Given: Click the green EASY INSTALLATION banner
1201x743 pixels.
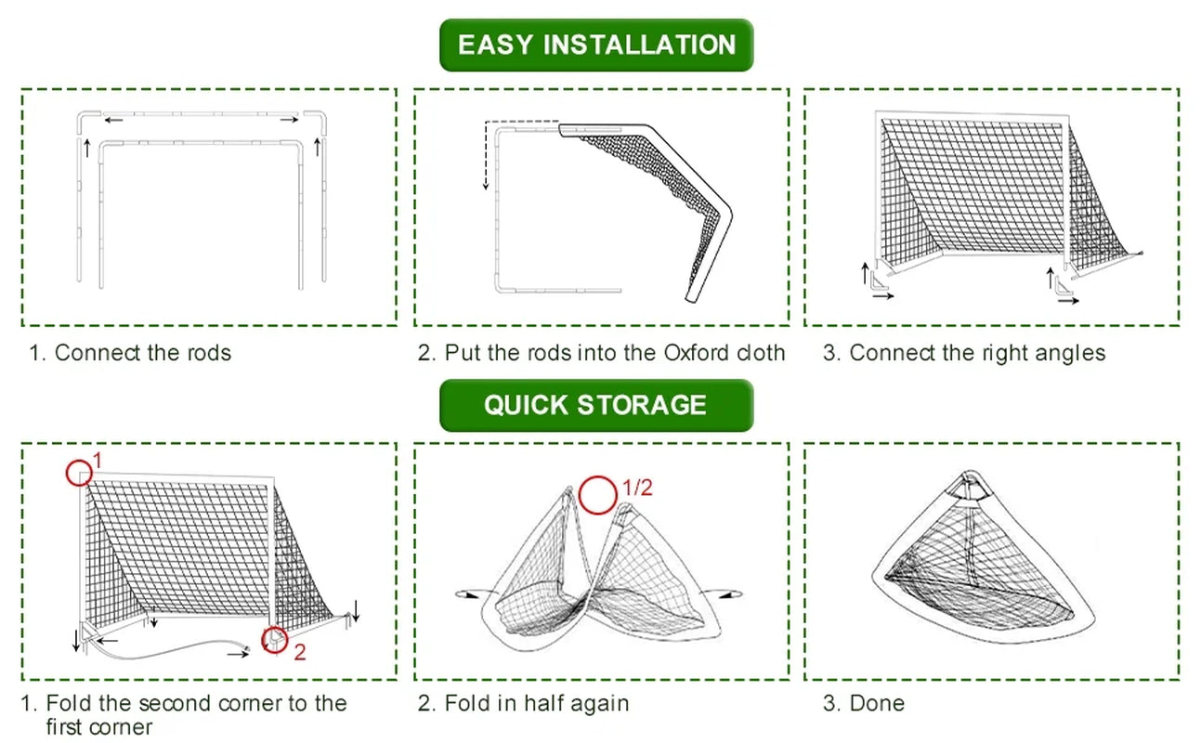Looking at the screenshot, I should click(x=596, y=45).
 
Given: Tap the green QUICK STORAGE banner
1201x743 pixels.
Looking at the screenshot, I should click(x=595, y=405).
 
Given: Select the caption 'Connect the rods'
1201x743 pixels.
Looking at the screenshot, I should click(x=142, y=353).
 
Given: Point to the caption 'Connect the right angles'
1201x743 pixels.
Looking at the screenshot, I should click(x=977, y=353).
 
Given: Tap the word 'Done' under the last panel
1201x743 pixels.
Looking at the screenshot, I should click(x=877, y=703).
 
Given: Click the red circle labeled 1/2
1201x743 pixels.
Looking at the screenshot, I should click(x=597, y=495).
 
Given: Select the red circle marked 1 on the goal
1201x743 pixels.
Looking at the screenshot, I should click(x=80, y=472).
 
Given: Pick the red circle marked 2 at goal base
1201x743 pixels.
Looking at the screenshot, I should click(x=274, y=639).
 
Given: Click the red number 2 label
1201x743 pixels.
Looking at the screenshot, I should click(x=300, y=653).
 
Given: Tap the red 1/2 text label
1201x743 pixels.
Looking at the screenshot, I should click(x=637, y=488).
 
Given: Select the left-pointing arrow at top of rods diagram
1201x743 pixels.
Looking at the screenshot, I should click(x=114, y=120).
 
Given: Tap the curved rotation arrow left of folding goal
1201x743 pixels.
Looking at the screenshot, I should click(x=467, y=592).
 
